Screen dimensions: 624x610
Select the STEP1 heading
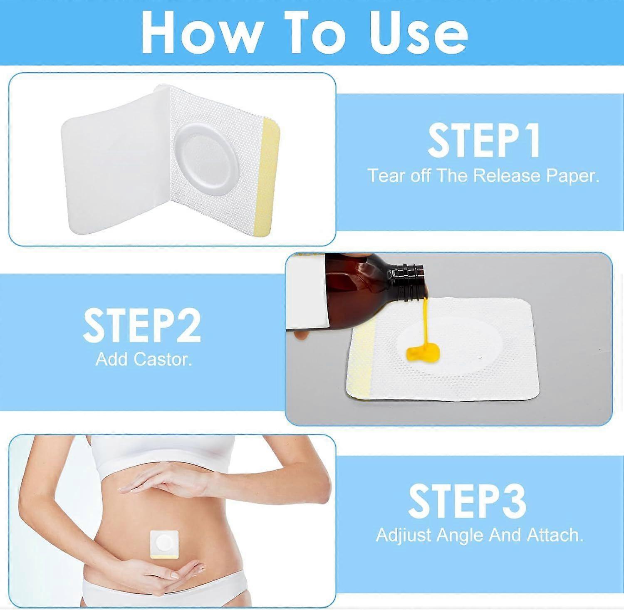484,141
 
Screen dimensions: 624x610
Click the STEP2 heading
142,325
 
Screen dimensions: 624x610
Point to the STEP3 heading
467,501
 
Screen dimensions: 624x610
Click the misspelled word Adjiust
404,535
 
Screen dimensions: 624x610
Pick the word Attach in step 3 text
555,535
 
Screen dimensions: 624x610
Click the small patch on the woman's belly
164,544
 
